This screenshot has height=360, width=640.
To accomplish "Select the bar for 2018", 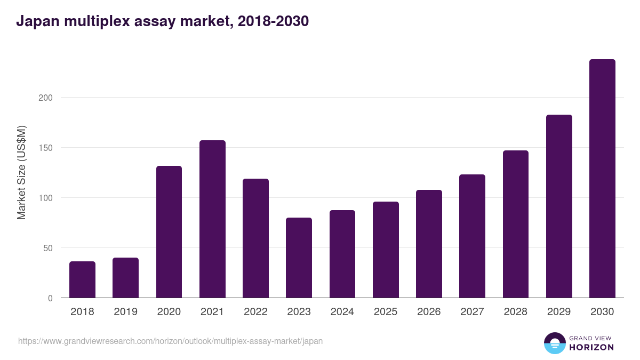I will click(x=82, y=279).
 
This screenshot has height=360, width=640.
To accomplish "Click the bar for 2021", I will click(x=212, y=219).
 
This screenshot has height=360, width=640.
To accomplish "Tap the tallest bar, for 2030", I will click(x=602, y=179).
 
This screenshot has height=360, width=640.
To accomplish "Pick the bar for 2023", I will click(x=299, y=258).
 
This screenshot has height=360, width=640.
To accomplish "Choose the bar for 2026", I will click(x=429, y=244).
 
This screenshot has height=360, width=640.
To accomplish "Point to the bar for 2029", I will click(x=559, y=206).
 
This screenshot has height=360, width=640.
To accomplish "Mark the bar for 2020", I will click(x=169, y=232).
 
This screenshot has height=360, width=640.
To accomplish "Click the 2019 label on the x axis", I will click(x=125, y=312).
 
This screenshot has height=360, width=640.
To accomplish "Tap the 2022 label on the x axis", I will click(x=255, y=312).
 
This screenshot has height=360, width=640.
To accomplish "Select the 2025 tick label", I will click(x=386, y=312).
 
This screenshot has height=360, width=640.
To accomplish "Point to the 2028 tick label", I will click(x=516, y=312).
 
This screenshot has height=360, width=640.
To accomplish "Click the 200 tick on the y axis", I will click(x=46, y=98).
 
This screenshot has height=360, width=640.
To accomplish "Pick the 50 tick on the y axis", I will click(x=48, y=248).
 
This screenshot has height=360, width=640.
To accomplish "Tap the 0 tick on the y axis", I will click(x=50, y=298).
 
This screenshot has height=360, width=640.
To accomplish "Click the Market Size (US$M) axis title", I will click(x=21, y=172).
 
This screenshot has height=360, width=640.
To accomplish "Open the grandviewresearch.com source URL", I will click(x=170, y=341).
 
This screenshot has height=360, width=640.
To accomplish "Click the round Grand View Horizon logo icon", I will click(x=554, y=343).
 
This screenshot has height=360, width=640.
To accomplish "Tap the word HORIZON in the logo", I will click(x=591, y=347).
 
